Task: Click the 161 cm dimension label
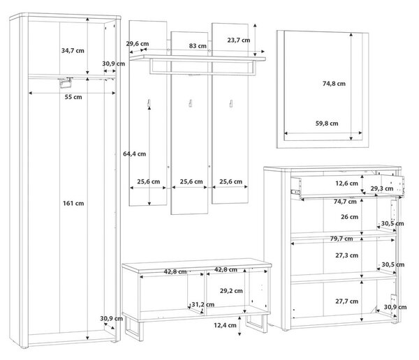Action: click(73, 203)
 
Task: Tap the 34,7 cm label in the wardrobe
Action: click(73, 50)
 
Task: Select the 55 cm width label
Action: click(73, 97)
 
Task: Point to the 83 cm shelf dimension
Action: click(198, 46)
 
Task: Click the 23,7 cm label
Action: click(239, 40)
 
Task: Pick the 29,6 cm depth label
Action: click(138, 43)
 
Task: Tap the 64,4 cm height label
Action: click(134, 153)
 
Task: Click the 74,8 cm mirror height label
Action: click(334, 84)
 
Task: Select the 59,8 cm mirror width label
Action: click(327, 123)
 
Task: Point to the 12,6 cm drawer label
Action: click(346, 183)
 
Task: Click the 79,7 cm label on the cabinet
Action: click(341, 239)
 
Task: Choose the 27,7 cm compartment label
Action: click(347, 301)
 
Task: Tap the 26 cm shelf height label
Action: click(350, 217)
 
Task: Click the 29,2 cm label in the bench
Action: click(231, 291)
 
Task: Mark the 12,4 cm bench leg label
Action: click(225, 325)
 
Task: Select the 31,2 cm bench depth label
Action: click(203, 304)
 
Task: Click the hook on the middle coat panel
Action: click(190, 103)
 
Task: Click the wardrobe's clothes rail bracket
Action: click(66, 82)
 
